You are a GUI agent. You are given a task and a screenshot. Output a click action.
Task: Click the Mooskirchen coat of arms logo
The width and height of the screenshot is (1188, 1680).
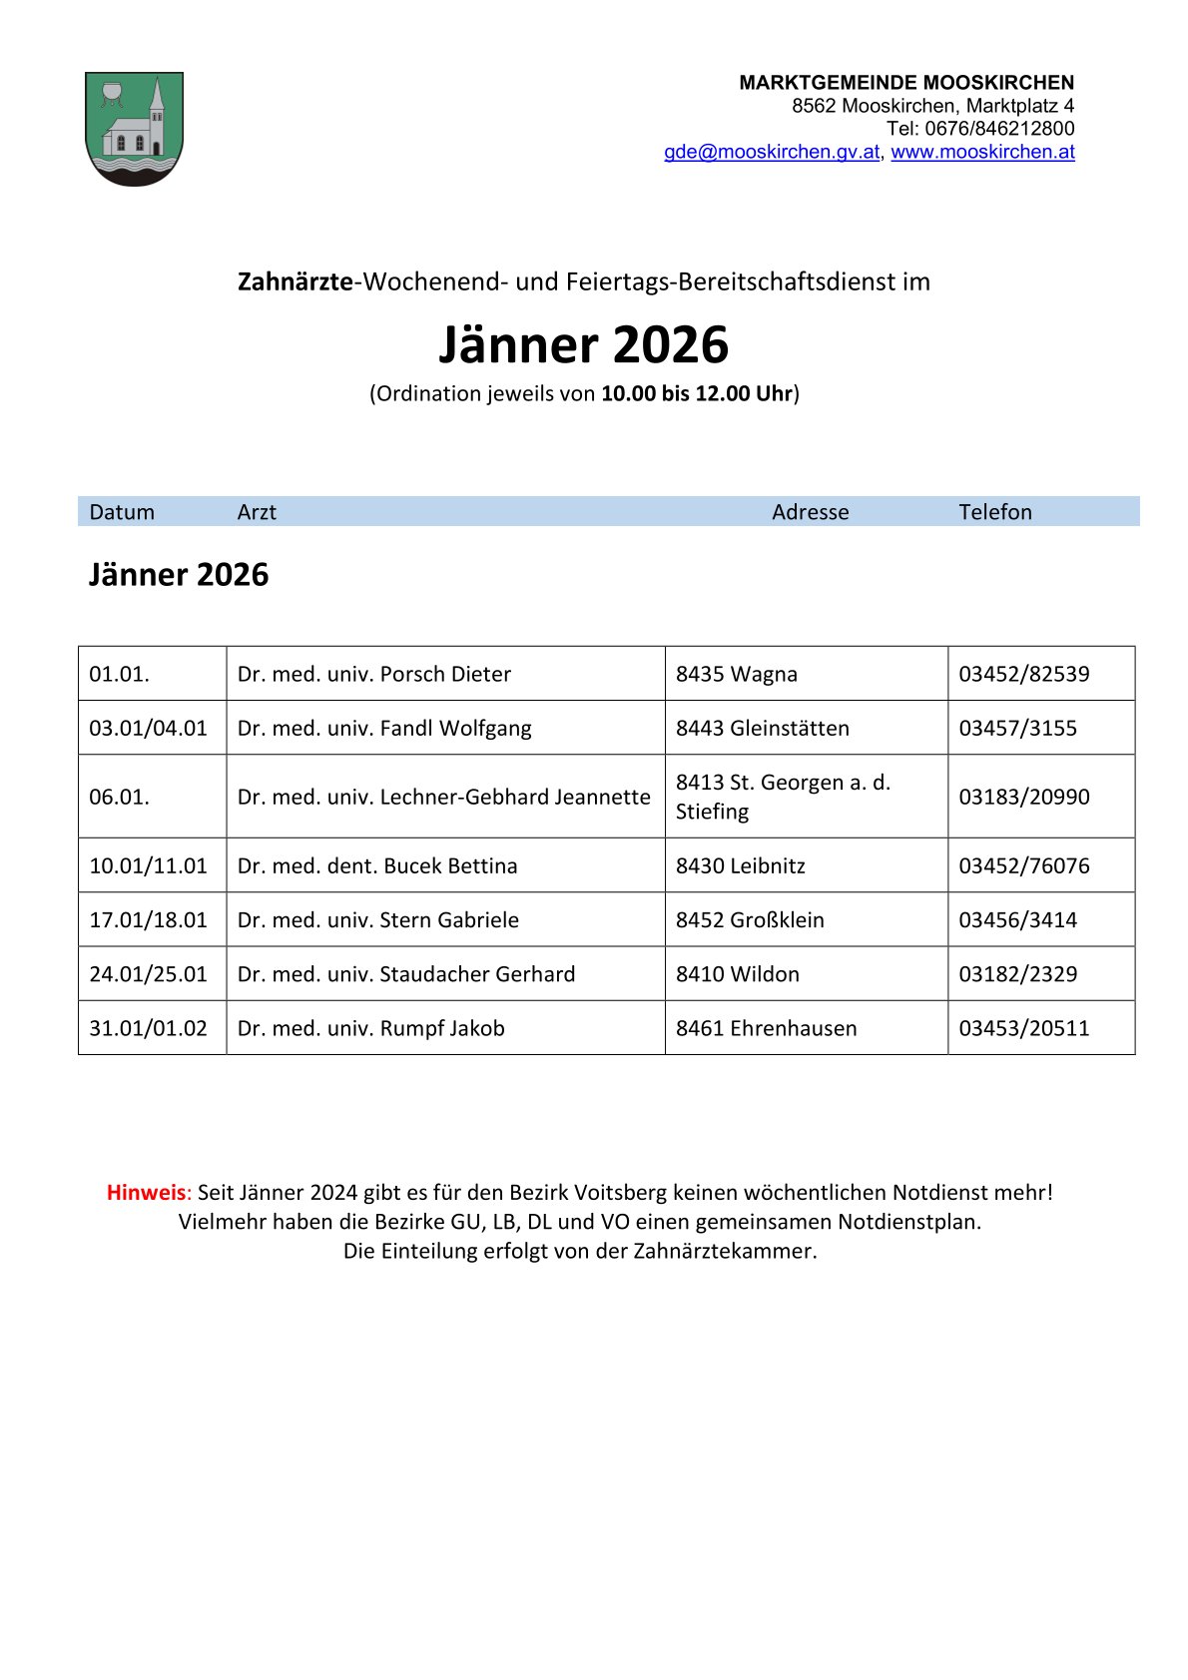(134, 128)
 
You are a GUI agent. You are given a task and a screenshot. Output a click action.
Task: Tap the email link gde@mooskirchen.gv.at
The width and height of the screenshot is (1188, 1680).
(772, 152)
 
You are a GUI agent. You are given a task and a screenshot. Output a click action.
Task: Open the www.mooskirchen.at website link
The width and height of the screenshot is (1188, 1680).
(982, 152)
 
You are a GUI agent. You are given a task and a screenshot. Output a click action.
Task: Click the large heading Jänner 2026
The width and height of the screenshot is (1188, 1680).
(583, 344)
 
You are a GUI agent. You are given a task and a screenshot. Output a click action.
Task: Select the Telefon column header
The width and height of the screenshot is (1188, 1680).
(994, 512)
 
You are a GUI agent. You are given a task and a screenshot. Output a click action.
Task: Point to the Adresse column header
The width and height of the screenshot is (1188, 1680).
(810, 512)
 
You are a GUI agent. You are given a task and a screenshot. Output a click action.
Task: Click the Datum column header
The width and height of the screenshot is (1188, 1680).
(122, 512)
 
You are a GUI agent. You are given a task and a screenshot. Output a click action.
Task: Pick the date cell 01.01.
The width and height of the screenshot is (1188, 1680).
(119, 674)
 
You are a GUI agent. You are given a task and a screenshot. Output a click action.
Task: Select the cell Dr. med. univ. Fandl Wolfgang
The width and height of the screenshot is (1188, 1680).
(384, 728)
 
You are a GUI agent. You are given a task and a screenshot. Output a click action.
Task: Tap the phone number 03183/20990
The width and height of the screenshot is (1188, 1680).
(1023, 797)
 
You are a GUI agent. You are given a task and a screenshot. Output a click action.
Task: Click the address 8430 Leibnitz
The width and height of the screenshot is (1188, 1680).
(740, 865)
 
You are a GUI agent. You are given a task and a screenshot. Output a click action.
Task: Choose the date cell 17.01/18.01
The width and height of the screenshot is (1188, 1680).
(148, 919)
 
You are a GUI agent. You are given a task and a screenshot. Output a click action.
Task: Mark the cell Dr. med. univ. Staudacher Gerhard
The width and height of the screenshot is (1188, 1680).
(406, 973)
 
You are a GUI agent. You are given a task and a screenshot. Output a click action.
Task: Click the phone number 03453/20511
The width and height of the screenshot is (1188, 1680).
(1023, 1028)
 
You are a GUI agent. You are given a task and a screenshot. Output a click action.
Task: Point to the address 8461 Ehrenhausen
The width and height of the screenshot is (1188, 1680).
(766, 1028)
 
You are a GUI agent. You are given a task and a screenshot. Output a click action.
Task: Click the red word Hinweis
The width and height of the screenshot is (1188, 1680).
(146, 1192)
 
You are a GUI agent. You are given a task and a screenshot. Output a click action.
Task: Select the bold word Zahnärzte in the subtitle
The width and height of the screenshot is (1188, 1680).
(295, 281)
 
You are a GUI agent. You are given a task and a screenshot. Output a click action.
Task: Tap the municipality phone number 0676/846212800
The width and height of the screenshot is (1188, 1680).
(998, 129)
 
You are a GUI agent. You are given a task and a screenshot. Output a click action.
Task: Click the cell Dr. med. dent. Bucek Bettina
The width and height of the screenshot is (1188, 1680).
(377, 865)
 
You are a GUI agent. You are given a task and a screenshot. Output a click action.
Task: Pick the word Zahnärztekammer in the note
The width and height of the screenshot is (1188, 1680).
(724, 1251)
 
